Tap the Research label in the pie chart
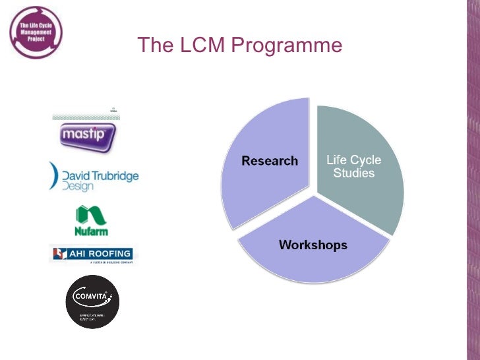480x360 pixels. point(270,161)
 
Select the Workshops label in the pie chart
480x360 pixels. point(313,245)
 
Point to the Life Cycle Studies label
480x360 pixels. point(354,167)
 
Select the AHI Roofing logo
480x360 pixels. point(92,254)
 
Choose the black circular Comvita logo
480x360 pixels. point(93,301)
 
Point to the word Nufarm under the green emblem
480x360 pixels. point(92,231)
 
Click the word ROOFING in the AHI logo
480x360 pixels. point(108,253)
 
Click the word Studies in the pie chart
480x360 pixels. point(354,173)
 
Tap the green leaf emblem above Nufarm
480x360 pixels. point(91,215)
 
